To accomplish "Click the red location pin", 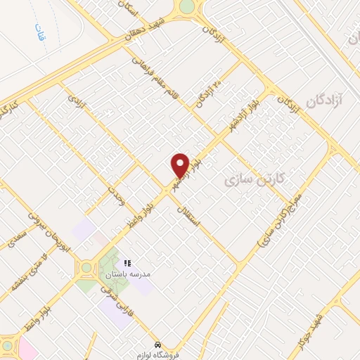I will (181, 165).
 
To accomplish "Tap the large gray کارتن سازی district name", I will (255, 180).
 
